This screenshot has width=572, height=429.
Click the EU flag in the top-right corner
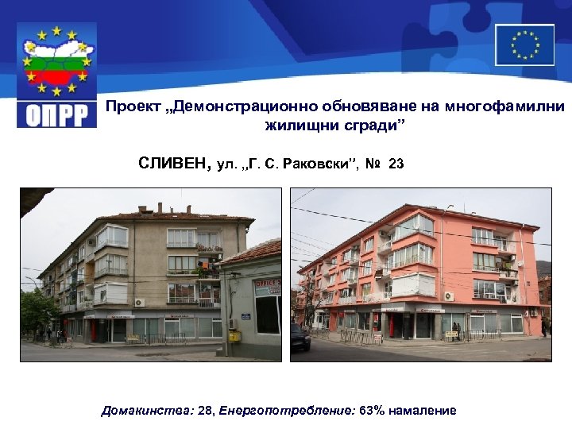click(x=524, y=44)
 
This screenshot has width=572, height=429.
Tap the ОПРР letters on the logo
click(x=56, y=114)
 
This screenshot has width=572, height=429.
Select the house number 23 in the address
click(x=396, y=164)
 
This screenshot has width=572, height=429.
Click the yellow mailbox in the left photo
click(x=234, y=335)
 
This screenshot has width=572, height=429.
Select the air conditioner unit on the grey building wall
click(x=140, y=302)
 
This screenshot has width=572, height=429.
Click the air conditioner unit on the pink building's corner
click(x=449, y=296)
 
